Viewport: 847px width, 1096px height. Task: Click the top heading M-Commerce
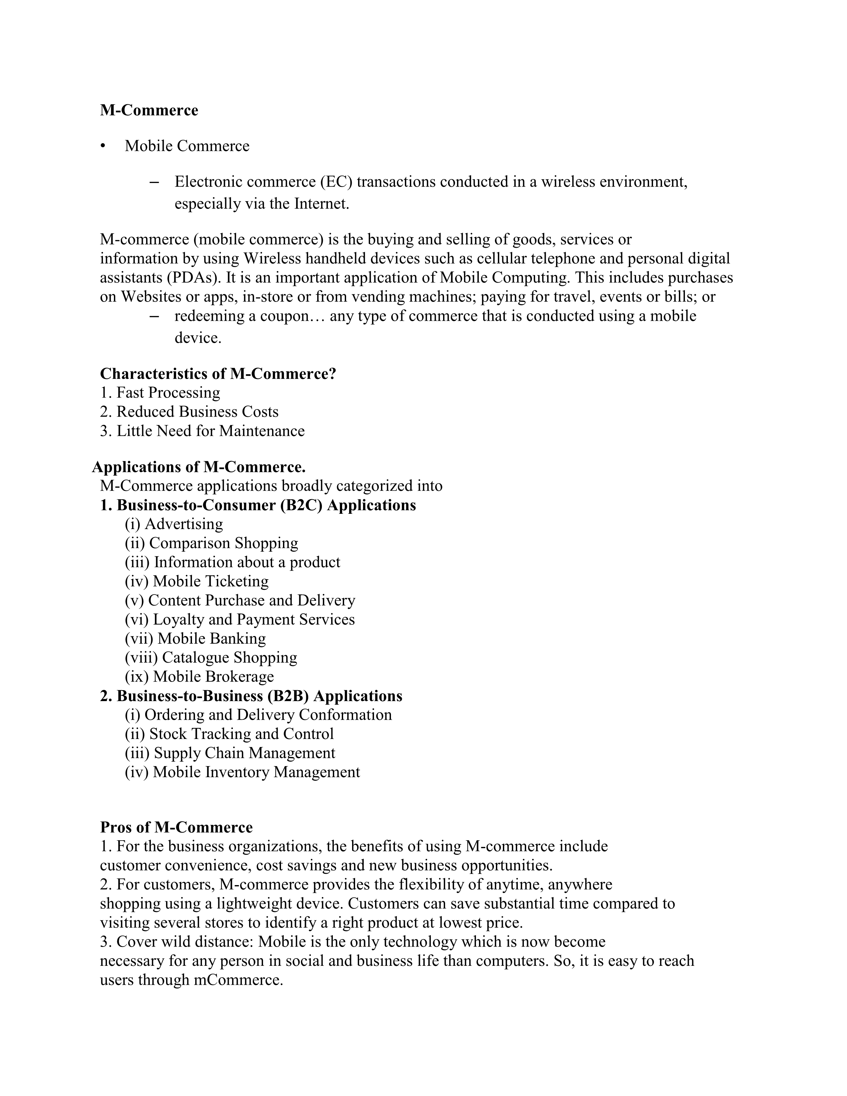pos(149,110)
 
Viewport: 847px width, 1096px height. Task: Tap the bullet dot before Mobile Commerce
pos(103,146)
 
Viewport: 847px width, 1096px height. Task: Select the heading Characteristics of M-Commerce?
pos(218,374)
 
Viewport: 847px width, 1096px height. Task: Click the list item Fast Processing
pos(168,393)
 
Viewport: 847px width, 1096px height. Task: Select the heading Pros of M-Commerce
pos(176,828)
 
